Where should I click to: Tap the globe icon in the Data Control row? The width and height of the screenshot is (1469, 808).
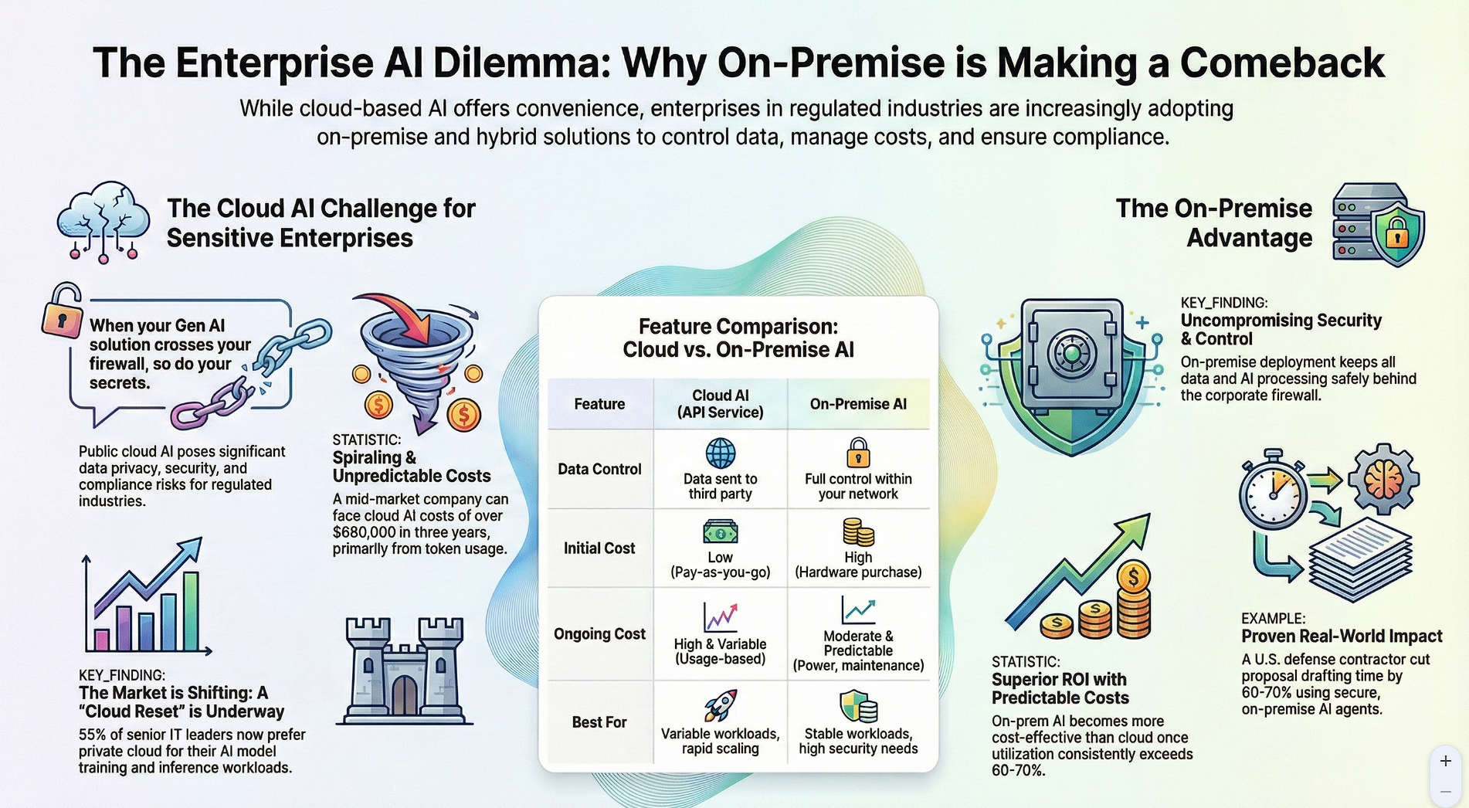point(720,453)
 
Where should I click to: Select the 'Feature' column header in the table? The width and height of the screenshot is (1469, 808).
point(599,404)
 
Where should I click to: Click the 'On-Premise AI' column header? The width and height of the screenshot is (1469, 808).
point(857,404)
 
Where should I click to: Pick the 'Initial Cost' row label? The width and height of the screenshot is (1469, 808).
point(599,548)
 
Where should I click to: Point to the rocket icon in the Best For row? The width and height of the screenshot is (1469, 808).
point(720,705)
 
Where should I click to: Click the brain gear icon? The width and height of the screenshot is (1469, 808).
point(1382,479)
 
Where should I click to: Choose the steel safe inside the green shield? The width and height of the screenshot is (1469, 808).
point(1071,352)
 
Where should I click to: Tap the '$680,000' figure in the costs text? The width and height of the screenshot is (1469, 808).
point(368,532)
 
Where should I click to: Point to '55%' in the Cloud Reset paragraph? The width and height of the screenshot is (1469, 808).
point(92,735)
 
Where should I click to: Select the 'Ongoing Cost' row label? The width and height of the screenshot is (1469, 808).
point(599,634)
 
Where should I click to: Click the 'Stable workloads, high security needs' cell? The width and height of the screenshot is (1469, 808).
point(857,741)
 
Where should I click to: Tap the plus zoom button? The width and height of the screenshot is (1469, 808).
point(1445,762)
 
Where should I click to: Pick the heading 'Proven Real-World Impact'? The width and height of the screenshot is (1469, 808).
point(1342,637)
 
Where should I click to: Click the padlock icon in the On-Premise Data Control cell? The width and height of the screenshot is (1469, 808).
point(857,453)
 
